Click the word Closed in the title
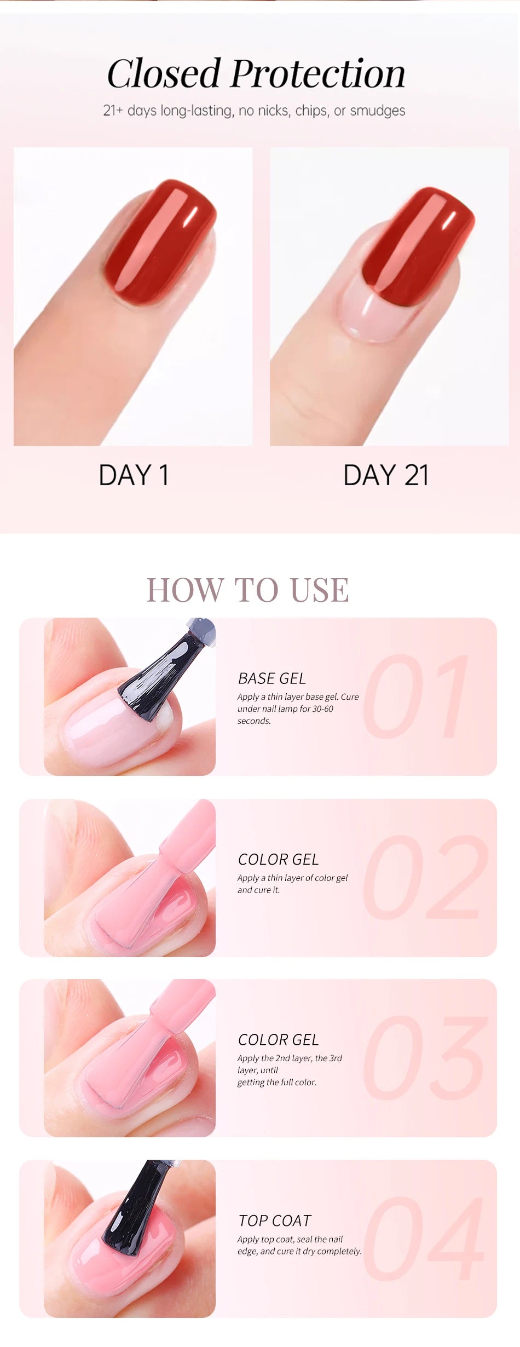pos(164,73)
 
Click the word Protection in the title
pos(318,73)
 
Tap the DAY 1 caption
pos(134,475)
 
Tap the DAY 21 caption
pos(386,475)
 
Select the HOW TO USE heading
pos(248,590)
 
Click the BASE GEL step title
pos(272,678)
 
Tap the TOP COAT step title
pos(275,1221)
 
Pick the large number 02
pos(426,877)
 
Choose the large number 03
pos(425,1057)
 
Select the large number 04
pos(424,1238)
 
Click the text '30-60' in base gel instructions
pos(322,709)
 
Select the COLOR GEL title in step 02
pos(278,859)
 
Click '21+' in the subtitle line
pos(113,111)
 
